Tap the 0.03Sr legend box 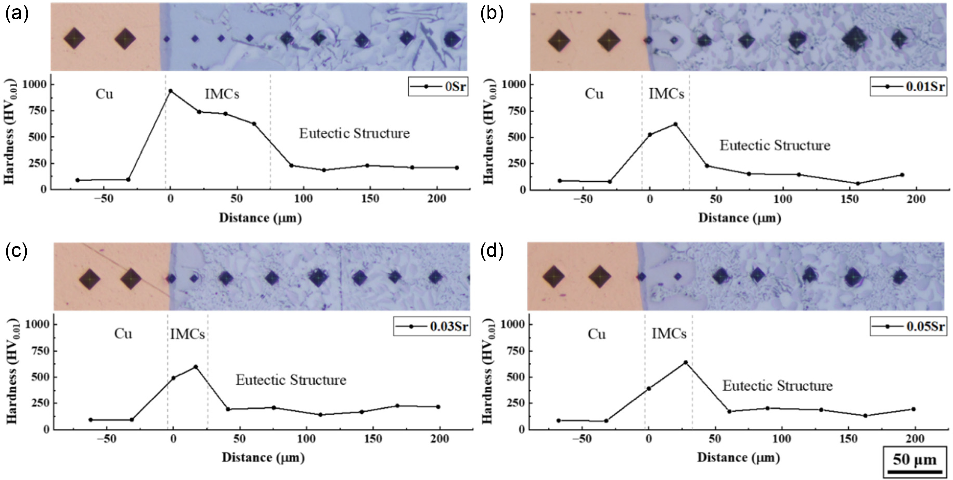click(432, 326)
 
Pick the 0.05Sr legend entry click(908, 326)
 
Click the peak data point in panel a click(171, 91)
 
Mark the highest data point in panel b click(675, 124)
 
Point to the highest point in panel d click(685, 362)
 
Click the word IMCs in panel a click(222, 94)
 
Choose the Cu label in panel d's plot click(596, 334)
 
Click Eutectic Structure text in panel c click(291, 380)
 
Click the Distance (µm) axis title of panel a click(260, 218)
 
